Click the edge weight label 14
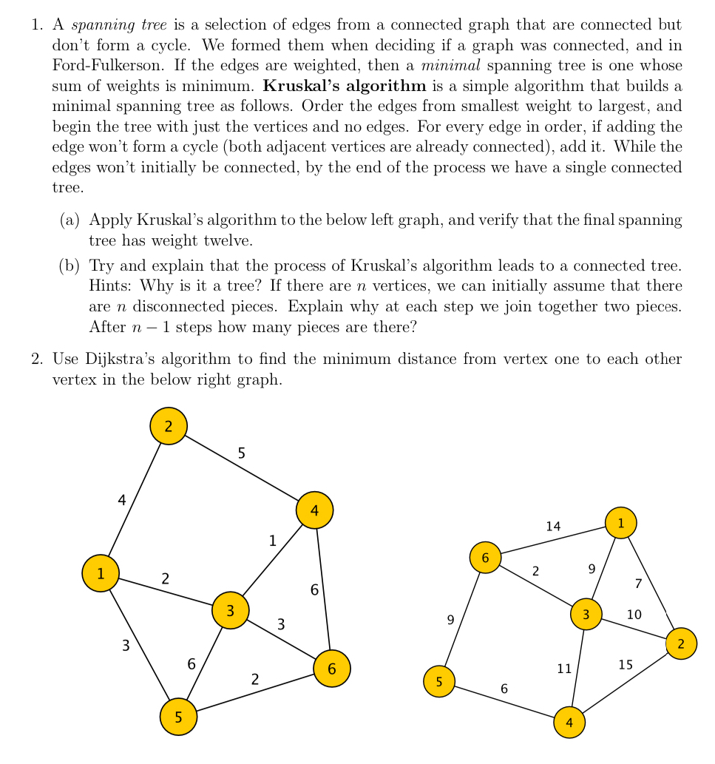(x=553, y=527)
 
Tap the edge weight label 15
(x=626, y=665)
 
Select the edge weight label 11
(x=564, y=669)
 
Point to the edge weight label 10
(x=634, y=615)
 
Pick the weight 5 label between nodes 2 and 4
(x=242, y=453)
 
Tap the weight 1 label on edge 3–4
(x=273, y=541)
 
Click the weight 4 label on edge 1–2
(x=122, y=501)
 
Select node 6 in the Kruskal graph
(x=332, y=669)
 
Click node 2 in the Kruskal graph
(x=169, y=426)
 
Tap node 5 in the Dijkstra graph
(x=439, y=681)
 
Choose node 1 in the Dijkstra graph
(x=620, y=523)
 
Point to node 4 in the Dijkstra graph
(x=569, y=723)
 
